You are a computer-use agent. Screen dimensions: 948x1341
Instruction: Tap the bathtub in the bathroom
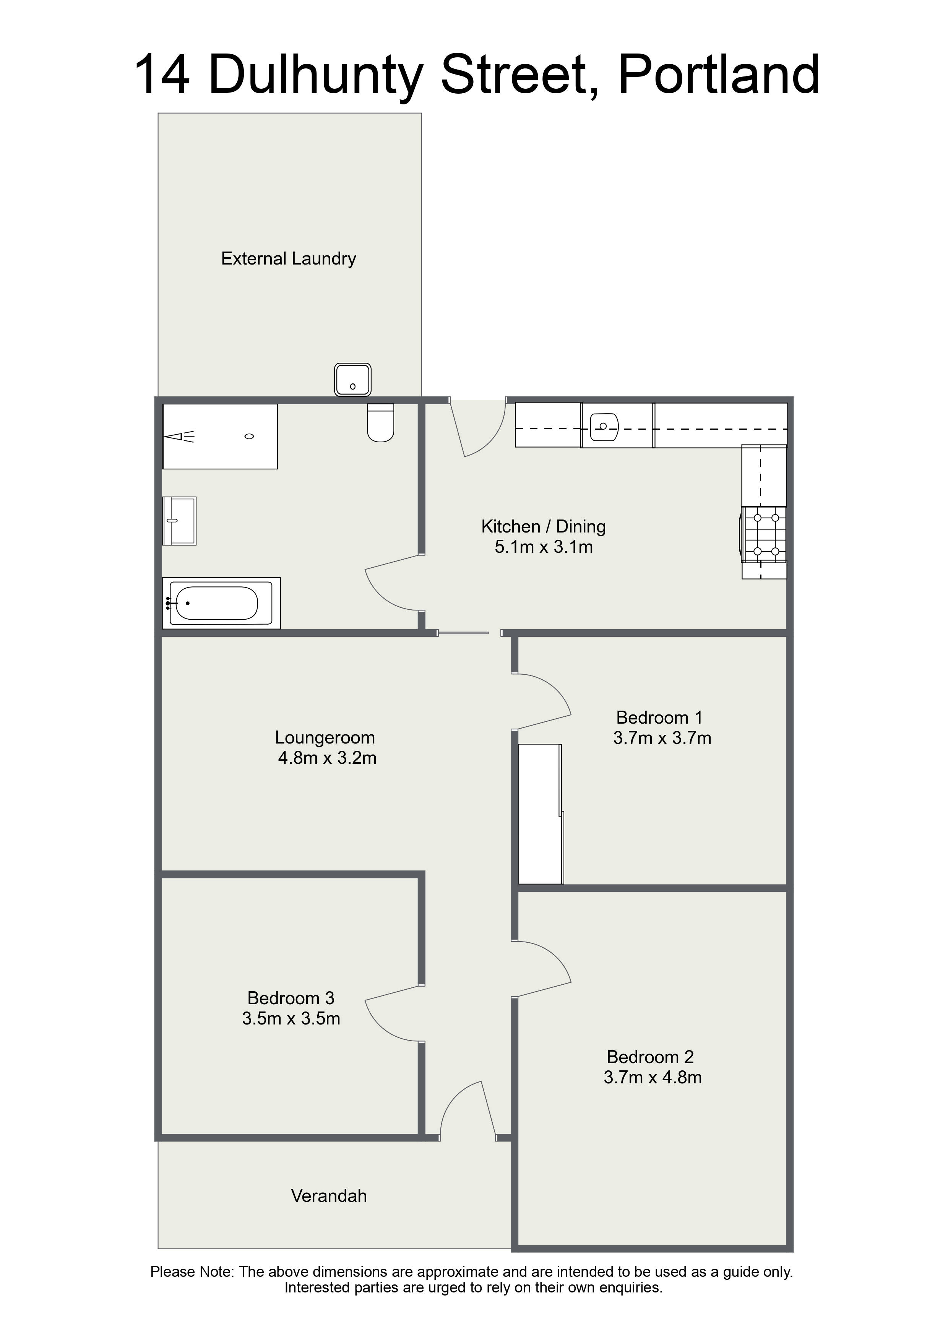(221, 603)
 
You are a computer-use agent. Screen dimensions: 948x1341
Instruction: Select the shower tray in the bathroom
(220, 436)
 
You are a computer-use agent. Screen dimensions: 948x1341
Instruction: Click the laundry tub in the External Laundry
(353, 380)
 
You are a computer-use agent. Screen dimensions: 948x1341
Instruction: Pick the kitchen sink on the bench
(604, 426)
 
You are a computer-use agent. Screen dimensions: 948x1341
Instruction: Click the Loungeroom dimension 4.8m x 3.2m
(327, 758)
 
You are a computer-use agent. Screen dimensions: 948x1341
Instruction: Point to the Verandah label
(329, 1196)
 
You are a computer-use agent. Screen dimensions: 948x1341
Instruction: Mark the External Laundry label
(289, 259)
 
